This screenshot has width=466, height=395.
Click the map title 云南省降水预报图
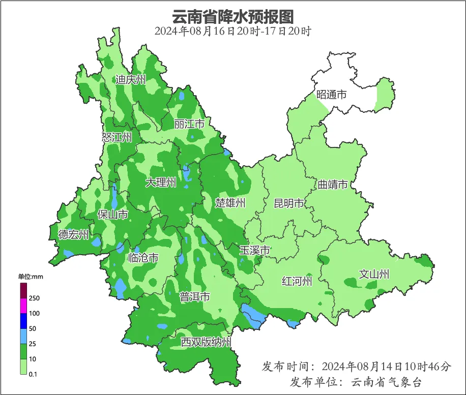tap(232, 16)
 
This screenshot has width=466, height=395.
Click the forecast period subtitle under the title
tap(232, 31)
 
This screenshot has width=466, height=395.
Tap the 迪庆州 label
tap(130, 80)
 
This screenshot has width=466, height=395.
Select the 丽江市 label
tap(189, 124)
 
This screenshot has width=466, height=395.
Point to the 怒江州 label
tap(116, 137)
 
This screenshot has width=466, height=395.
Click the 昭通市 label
tap(331, 95)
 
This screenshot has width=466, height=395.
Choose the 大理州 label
tap(161, 183)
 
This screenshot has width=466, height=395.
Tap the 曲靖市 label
tap(333, 184)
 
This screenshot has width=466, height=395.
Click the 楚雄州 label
tap(230, 203)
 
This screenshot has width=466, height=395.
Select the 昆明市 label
tap(288, 204)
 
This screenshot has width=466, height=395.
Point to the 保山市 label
tap(112, 215)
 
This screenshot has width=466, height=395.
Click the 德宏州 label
tap(73, 235)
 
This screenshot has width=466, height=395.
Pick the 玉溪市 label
tap(254, 251)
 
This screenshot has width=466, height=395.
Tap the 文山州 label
tap(374, 275)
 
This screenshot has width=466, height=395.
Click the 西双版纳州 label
tap(207, 342)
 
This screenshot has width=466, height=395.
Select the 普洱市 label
tap(194, 297)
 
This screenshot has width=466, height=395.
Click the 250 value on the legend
tap(35, 298)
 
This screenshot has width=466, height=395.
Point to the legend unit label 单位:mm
tap(31, 277)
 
